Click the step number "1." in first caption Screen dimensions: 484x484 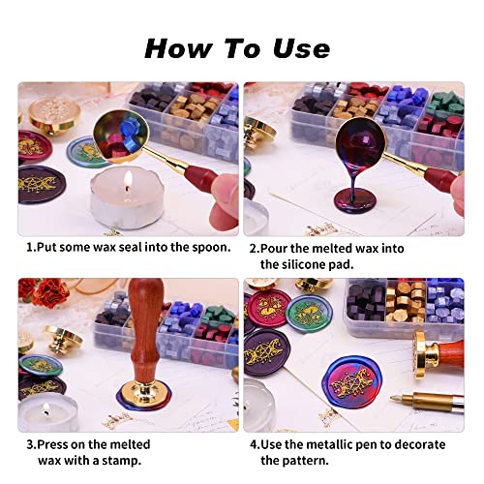tap(32, 248)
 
